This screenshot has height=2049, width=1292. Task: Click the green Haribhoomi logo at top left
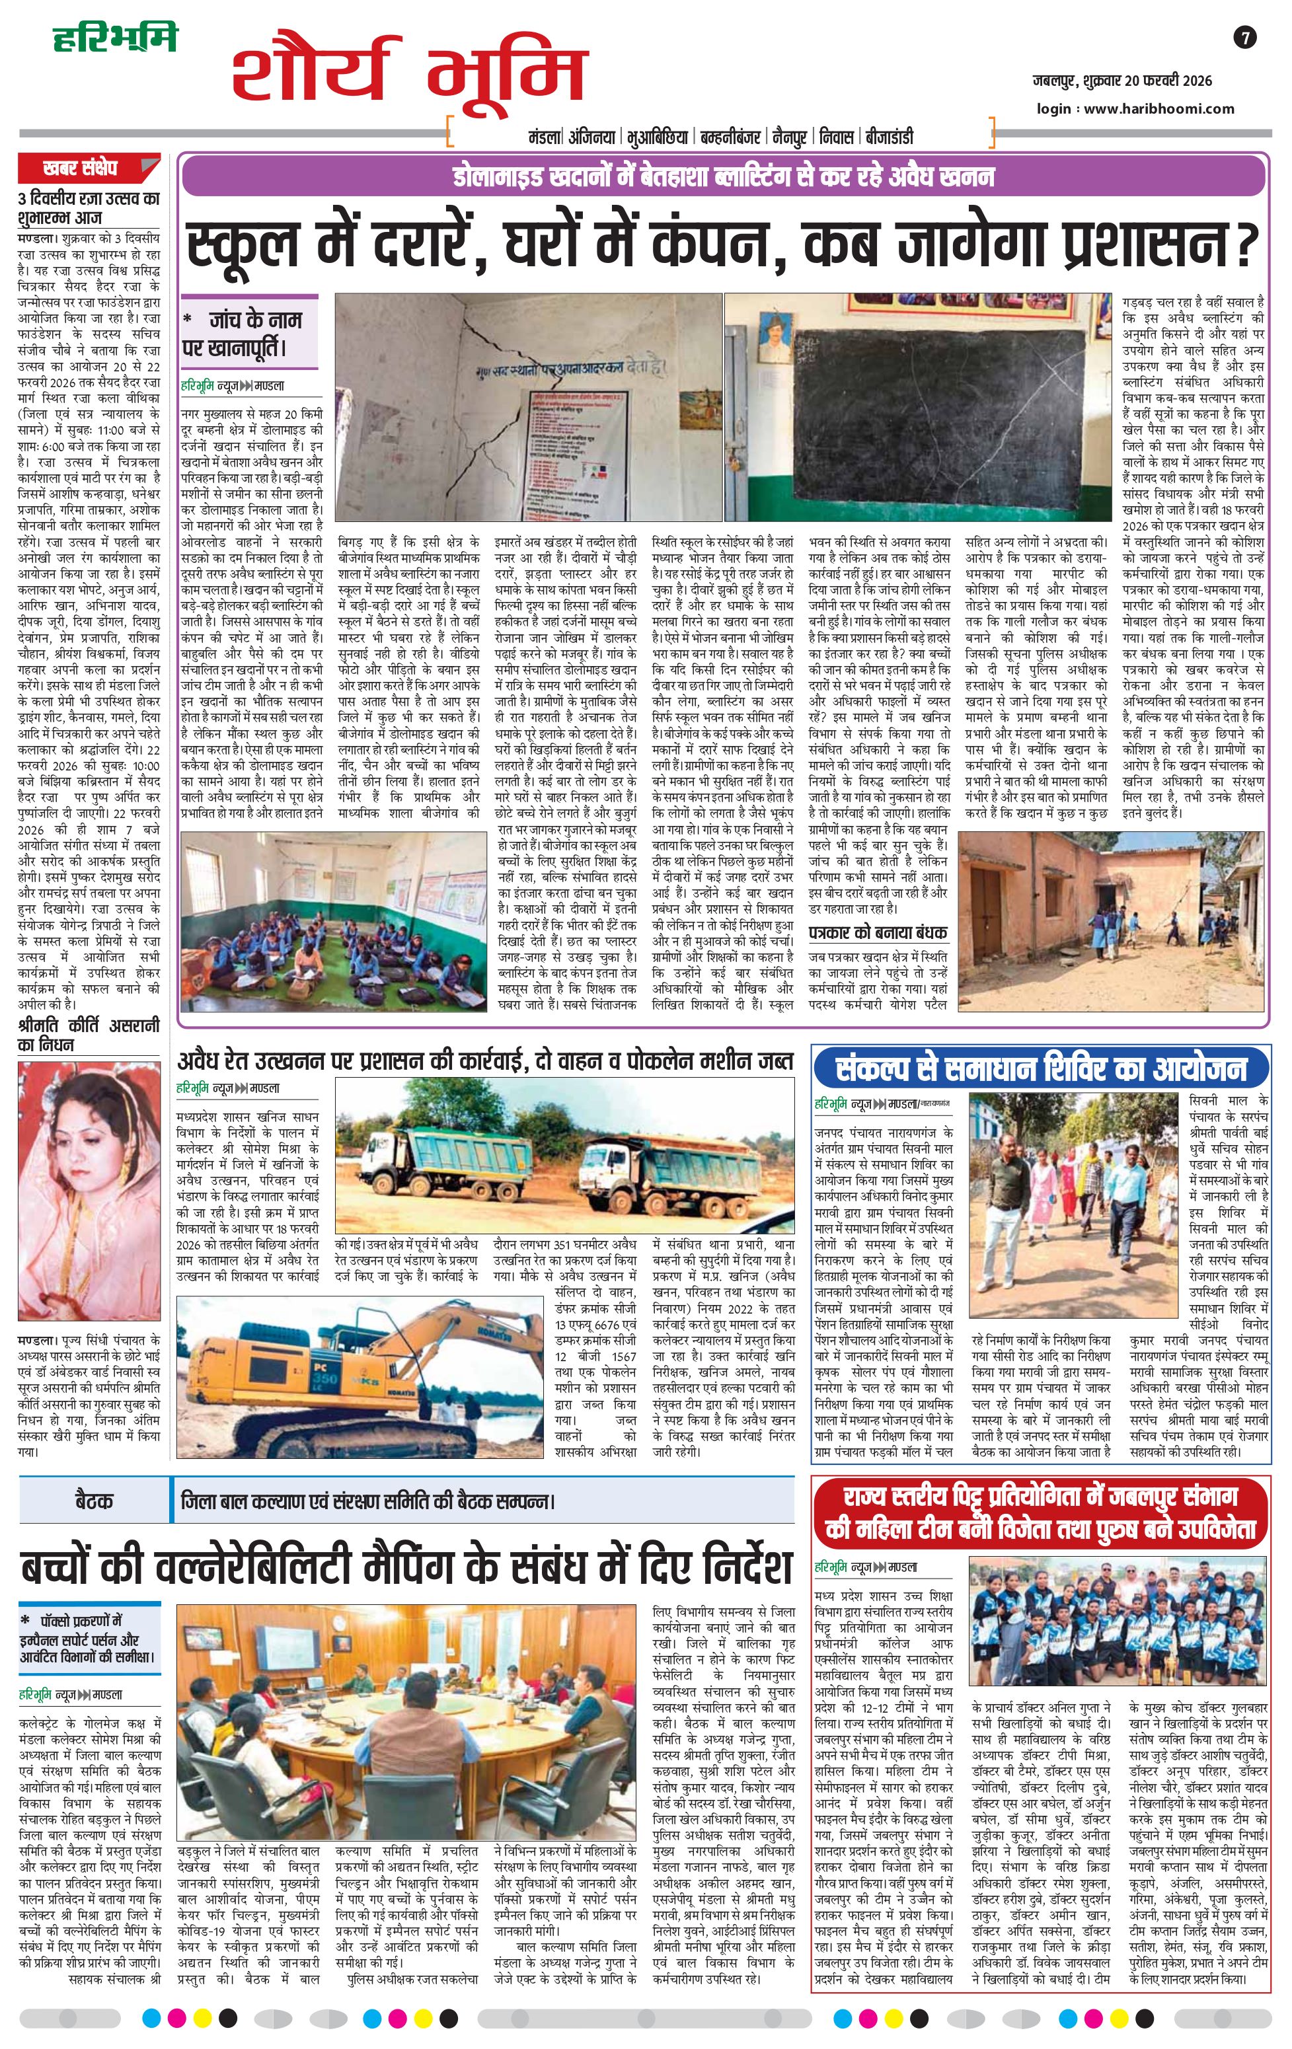[114, 38]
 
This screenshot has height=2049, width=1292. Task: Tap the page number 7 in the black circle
[1244, 38]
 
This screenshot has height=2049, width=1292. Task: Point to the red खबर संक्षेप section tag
[89, 167]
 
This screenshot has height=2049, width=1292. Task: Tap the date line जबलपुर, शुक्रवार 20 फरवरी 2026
[1121, 81]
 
